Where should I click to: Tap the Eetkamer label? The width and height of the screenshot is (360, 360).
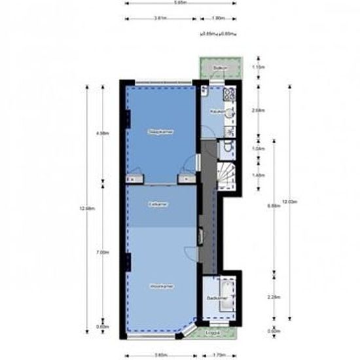click(x=158, y=204)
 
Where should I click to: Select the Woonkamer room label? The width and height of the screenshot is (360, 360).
click(x=160, y=286)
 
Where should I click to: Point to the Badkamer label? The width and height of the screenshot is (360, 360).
click(x=215, y=298)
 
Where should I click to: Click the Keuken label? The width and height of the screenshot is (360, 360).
click(x=217, y=112)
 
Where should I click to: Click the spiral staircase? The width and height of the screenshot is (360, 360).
click(x=226, y=175)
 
